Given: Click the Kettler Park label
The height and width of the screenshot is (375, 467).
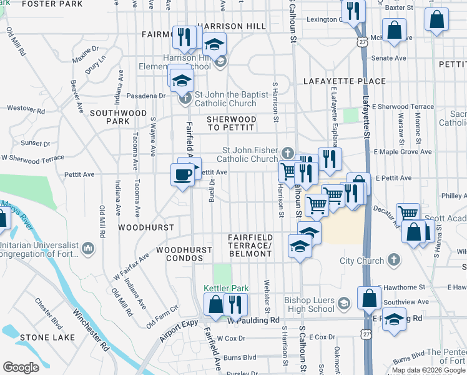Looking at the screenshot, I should [x=226, y=288].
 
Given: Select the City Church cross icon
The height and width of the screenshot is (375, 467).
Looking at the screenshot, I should [x=393, y=259].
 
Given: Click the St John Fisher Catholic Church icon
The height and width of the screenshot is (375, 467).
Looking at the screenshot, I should [x=287, y=153].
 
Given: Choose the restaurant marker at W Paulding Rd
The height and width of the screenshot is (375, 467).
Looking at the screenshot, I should [x=235, y=305].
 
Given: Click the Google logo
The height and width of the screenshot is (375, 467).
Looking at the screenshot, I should [x=21, y=367].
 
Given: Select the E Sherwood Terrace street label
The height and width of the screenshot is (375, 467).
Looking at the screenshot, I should [x=403, y=107].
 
